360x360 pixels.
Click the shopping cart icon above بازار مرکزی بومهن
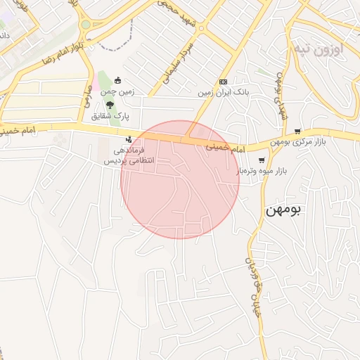coord(298,131)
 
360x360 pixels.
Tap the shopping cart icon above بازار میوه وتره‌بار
coord(262,160)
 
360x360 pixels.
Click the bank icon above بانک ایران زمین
coord(223,82)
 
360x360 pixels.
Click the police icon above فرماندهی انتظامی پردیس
coord(128,139)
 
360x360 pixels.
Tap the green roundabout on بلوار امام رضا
coord(86,25)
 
